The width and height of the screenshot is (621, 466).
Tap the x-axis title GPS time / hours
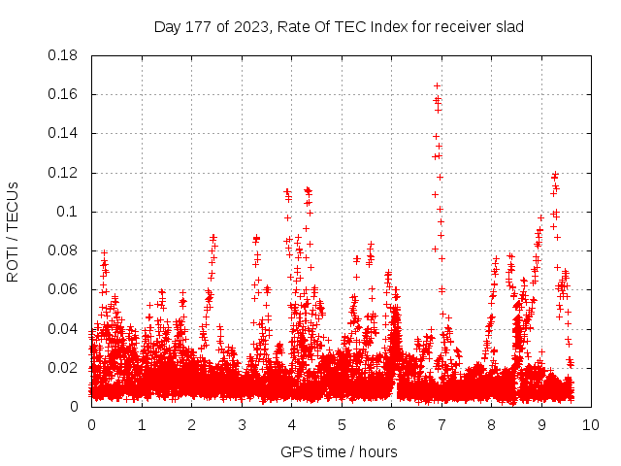click(339, 451)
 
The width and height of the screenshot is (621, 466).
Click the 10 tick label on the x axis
click(591, 424)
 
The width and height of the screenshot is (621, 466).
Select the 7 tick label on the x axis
click(441, 424)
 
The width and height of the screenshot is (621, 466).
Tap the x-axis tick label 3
click(242, 424)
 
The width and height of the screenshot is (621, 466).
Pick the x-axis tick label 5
click(342, 424)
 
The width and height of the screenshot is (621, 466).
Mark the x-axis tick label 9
click(541, 424)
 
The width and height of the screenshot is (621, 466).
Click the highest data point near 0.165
click(437, 85)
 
